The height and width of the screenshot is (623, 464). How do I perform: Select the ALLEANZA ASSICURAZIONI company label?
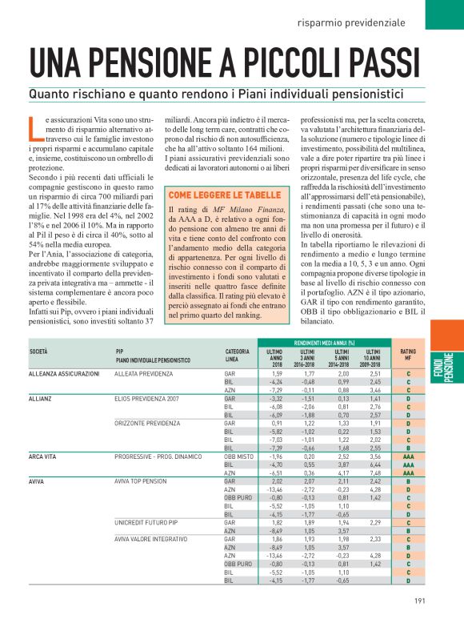(64, 374)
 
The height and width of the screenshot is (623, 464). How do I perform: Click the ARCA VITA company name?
(46, 456)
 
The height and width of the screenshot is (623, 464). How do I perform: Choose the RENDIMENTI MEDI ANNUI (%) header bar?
(323, 343)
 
